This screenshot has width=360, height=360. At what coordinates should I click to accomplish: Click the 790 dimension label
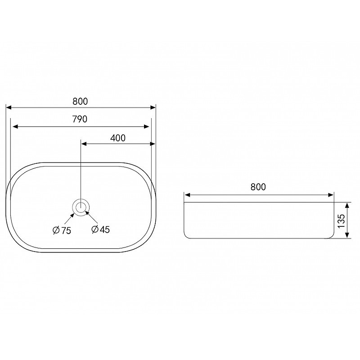(x=80, y=119)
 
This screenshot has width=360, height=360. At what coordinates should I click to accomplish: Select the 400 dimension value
(x=118, y=138)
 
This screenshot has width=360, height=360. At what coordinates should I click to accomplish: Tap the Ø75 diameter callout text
(x=62, y=230)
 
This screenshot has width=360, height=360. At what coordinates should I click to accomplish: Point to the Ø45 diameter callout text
(x=100, y=229)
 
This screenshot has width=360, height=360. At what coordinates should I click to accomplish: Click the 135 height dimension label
(x=341, y=220)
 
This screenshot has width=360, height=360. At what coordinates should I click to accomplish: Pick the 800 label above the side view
(x=258, y=187)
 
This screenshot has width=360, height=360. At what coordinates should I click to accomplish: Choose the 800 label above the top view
(x=80, y=101)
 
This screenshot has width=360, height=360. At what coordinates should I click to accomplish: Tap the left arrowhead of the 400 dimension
(x=84, y=144)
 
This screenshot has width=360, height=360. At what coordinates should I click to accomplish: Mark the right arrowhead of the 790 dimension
(x=147, y=126)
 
